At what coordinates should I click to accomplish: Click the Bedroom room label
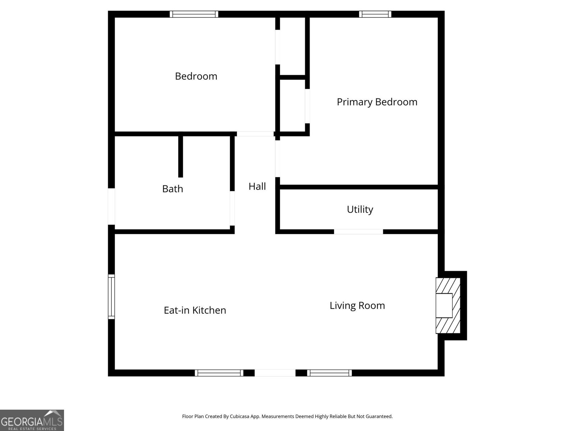(196, 76)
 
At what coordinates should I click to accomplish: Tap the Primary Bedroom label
(377, 102)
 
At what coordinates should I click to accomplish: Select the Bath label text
(172, 189)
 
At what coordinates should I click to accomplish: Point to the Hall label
(257, 186)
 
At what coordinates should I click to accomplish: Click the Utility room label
(360, 209)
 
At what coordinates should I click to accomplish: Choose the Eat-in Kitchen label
(195, 310)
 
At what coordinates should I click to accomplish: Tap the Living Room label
(357, 306)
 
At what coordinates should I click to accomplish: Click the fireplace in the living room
(448, 306)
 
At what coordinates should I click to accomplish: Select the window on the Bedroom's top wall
(194, 14)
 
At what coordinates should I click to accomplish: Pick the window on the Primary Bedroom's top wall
(375, 14)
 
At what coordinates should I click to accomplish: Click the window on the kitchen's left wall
(111, 297)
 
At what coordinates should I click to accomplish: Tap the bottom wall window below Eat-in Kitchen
(219, 373)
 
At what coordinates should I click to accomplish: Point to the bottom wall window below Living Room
(329, 373)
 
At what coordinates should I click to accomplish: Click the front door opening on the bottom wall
(275, 373)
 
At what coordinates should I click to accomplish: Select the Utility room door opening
(358, 232)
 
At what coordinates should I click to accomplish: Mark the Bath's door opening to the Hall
(232, 208)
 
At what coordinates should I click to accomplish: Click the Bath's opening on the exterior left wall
(111, 207)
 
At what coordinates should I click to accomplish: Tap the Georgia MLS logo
(32, 420)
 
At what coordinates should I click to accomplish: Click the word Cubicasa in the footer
(239, 416)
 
